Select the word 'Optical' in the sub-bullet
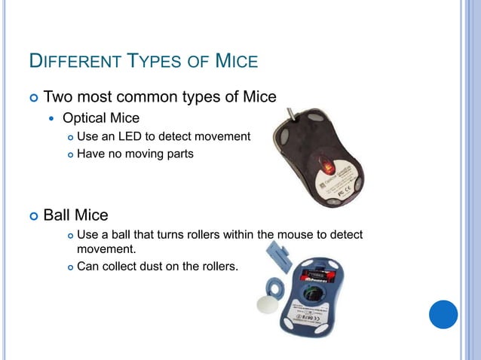(x=84, y=118)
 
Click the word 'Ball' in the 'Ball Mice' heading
(x=58, y=215)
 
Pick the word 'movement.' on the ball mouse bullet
(x=106, y=248)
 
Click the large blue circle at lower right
(x=443, y=314)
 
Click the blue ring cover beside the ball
(x=273, y=286)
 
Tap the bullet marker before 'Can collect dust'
(x=69, y=266)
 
